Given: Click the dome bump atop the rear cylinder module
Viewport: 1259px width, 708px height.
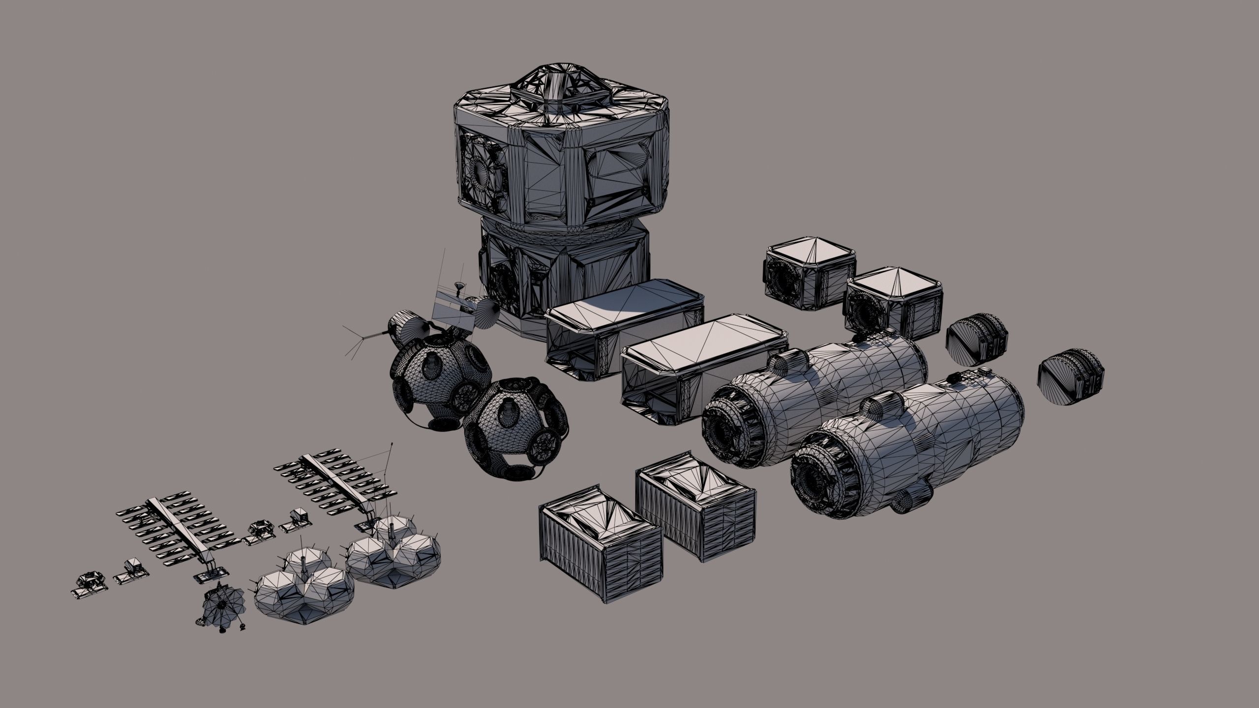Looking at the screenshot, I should coord(782,362).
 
